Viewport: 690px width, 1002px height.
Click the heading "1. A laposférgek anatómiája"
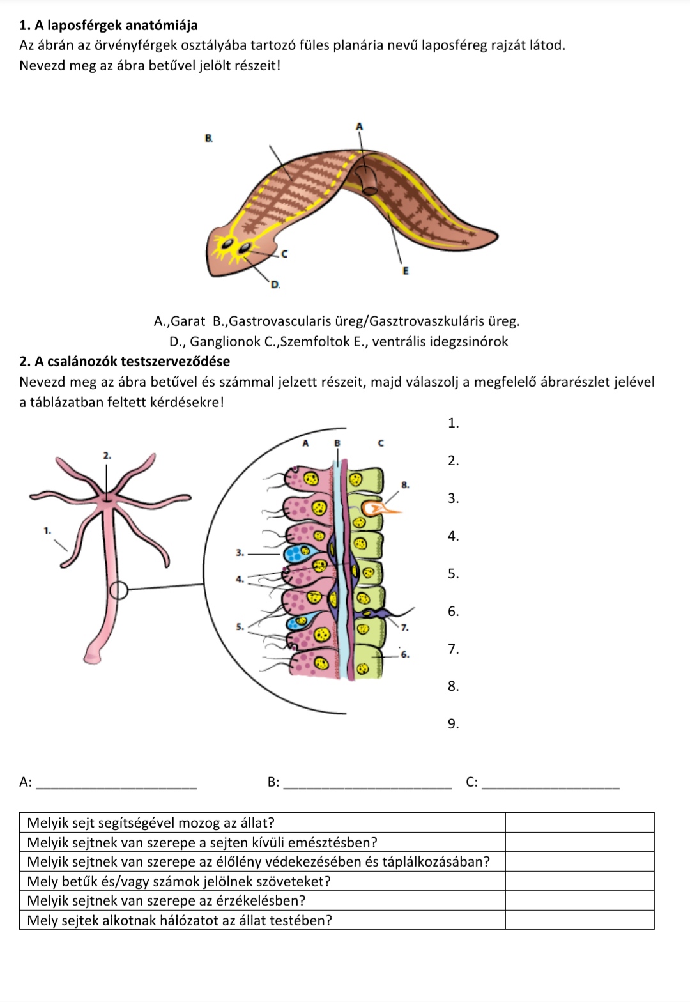pyautogui.click(x=109, y=26)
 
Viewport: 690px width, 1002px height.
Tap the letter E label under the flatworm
pyautogui.click(x=404, y=271)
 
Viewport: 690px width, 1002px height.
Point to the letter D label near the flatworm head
pyautogui.click(x=275, y=284)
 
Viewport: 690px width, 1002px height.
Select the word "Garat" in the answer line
pyautogui.click(x=188, y=321)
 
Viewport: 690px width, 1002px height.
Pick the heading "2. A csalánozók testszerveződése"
pyautogui.click(x=125, y=362)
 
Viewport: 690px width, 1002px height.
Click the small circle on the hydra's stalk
pyautogui.click(x=119, y=590)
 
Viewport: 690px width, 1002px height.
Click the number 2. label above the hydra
pyautogui.click(x=107, y=456)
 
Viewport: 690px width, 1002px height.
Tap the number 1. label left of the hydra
pyautogui.click(x=47, y=530)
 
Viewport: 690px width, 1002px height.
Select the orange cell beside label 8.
pyautogui.click(x=377, y=509)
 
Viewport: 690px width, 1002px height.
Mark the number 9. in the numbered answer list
pyautogui.click(x=453, y=724)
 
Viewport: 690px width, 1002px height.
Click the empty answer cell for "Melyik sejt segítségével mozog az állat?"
pyautogui.click(x=579, y=822)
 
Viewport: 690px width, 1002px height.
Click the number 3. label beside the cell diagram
pyautogui.click(x=240, y=552)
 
